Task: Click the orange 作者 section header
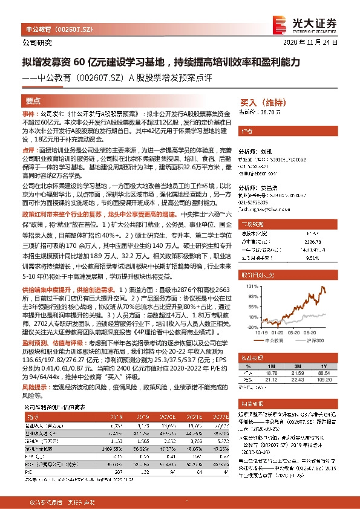click(x=247, y=131)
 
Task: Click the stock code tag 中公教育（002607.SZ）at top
click(x=55, y=28)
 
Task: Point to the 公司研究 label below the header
click(x=37, y=42)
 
